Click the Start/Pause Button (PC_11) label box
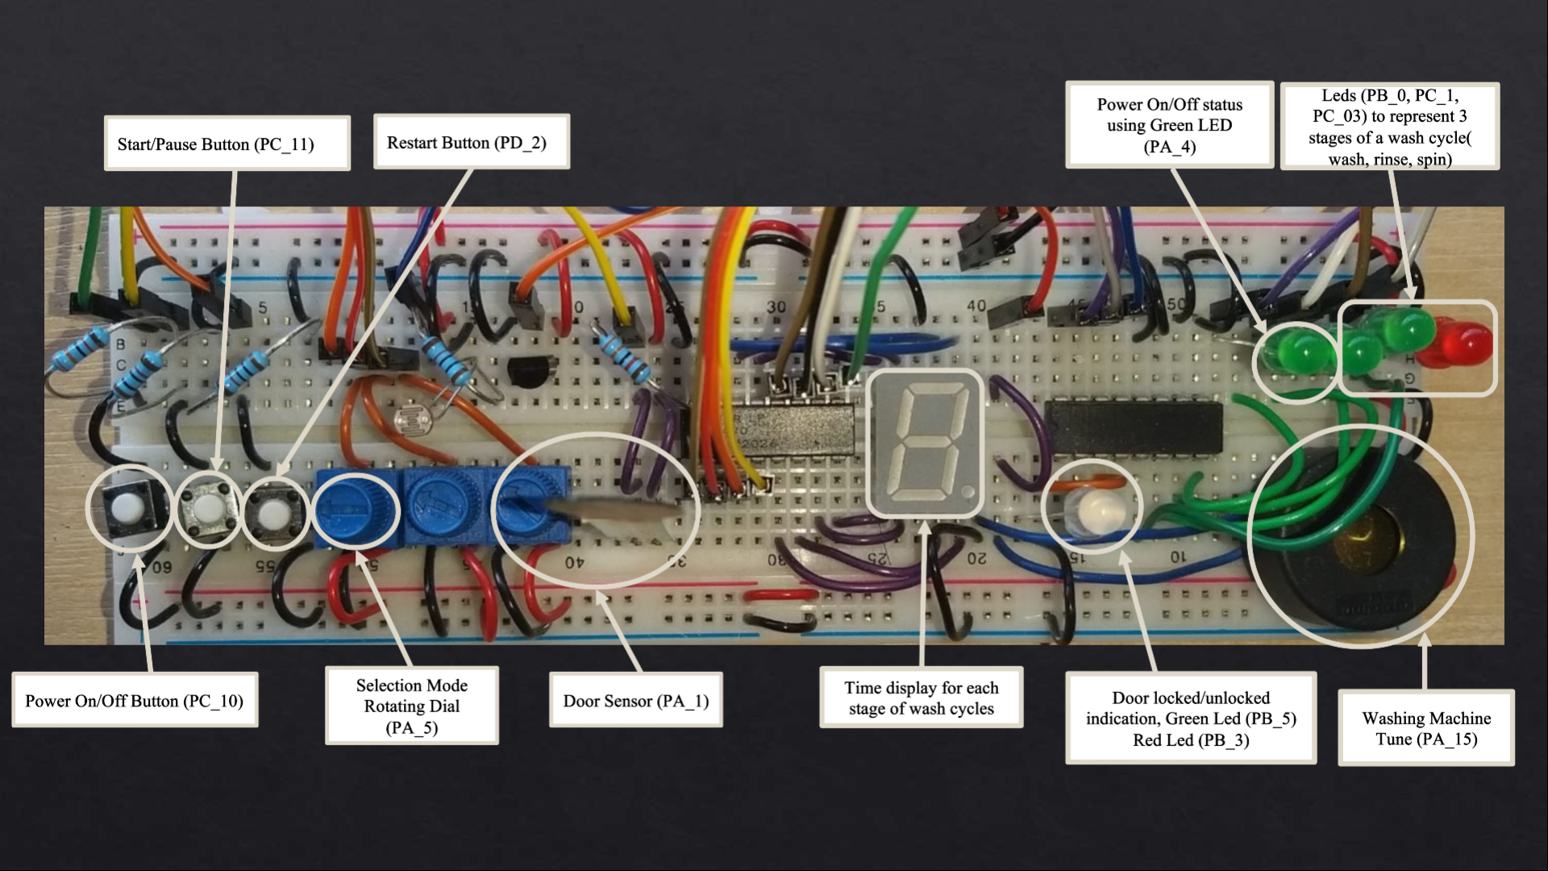227,144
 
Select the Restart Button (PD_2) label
471,142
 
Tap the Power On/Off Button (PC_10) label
135,700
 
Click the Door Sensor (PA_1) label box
635,700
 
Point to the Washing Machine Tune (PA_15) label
1425,728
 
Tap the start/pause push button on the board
207,508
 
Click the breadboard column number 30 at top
776,306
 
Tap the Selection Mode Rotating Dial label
411,706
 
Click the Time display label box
921,698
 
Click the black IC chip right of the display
1133,427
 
